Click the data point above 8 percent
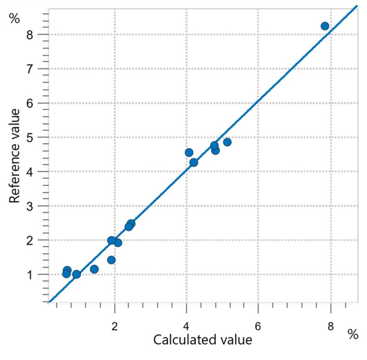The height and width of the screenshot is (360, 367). click(x=325, y=26)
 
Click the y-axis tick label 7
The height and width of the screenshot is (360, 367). click(x=30, y=69)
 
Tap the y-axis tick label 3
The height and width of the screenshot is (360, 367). click(x=30, y=206)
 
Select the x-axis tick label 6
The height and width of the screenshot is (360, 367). click(x=258, y=326)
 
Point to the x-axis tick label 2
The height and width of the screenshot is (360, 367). click(x=114, y=326)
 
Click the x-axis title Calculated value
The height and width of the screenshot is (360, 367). click(x=203, y=340)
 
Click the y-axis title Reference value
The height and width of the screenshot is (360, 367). click(x=14, y=156)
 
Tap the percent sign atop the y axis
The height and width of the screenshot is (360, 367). click(x=14, y=18)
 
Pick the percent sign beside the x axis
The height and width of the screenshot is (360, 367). click(x=353, y=334)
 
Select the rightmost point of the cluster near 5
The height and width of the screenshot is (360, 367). click(x=227, y=142)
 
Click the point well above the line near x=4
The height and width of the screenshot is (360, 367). click(x=189, y=153)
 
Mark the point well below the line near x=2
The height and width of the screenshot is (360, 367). click(x=111, y=260)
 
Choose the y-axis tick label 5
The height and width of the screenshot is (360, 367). click(x=30, y=138)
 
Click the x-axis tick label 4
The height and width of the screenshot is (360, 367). click(x=186, y=326)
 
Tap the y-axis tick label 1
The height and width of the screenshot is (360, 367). click(x=30, y=275)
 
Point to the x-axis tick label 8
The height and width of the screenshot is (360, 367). click(x=330, y=326)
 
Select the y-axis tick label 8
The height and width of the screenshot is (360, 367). click(x=30, y=35)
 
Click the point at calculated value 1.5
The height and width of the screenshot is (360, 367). click(x=94, y=269)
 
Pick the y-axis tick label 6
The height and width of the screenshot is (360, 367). click(x=30, y=103)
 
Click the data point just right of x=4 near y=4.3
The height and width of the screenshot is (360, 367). click(x=194, y=162)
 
